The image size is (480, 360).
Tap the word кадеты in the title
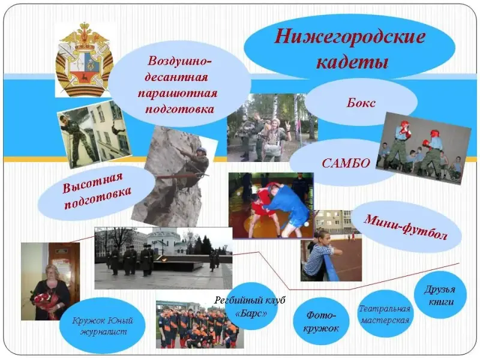[352, 62]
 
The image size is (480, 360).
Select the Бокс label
[361, 103]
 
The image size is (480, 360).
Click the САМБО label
[346, 163]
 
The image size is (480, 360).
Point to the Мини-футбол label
[406, 227]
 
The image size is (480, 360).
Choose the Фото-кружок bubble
[321, 321]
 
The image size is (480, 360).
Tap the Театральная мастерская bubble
[385, 314]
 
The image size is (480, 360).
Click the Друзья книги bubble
[440, 295]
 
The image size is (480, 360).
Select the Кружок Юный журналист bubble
[103, 326]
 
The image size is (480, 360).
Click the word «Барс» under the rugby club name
[251, 313]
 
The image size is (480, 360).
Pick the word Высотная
[92, 183]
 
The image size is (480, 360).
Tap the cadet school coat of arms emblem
[84, 60]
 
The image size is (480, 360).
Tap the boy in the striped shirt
[320, 257]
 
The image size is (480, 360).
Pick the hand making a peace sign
[288, 126]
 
